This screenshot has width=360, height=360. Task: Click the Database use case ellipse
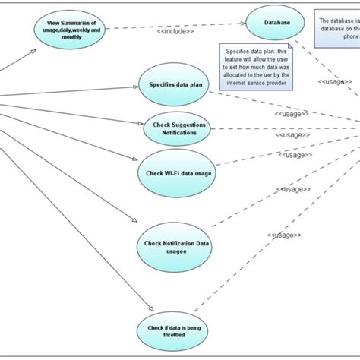coord(276,23)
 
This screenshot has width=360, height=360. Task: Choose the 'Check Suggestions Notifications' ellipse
coord(178,128)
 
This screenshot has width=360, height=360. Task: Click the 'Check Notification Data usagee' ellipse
coord(174,246)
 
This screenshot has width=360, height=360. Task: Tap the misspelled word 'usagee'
coord(174,251)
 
